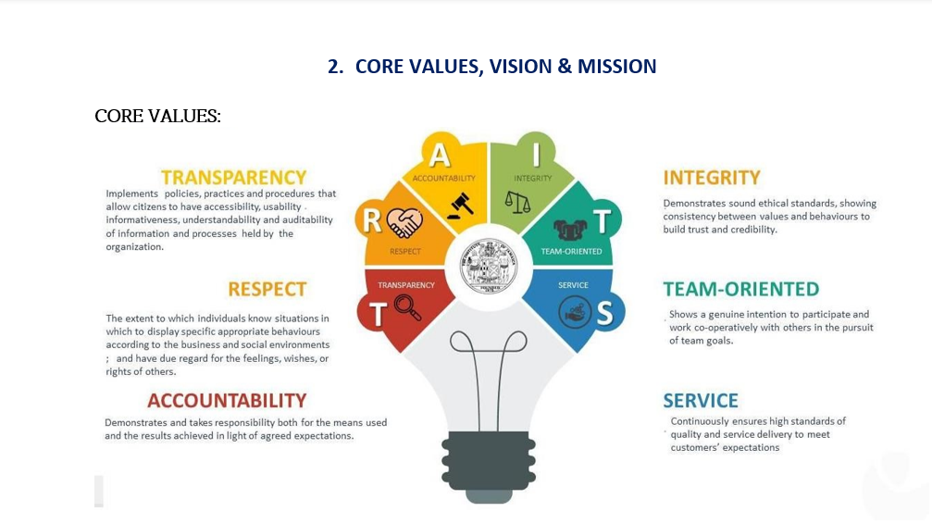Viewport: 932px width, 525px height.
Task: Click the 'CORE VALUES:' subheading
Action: tap(157, 116)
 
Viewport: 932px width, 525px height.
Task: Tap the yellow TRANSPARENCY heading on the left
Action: tap(233, 177)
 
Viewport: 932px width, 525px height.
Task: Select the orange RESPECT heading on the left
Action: tap(267, 289)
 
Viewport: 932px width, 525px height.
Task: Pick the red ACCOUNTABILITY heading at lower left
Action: tap(227, 401)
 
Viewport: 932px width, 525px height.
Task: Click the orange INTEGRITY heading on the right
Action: tap(712, 177)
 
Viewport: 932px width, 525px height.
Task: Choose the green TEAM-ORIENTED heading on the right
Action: tap(741, 289)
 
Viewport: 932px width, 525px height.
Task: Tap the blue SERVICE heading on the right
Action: tap(701, 401)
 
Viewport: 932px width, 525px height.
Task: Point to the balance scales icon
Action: tap(517, 202)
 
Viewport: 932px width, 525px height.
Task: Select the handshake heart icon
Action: tap(404, 223)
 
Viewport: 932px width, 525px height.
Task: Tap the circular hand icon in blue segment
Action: tap(575, 312)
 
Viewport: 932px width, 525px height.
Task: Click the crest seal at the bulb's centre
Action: tap(489, 265)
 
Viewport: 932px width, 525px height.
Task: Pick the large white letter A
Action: tap(440, 156)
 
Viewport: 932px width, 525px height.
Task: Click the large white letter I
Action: tap(536, 154)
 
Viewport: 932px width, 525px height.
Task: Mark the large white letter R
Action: tap(371, 220)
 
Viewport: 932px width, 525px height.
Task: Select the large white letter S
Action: tap(604, 313)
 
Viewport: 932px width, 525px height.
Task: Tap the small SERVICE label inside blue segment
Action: tap(573, 285)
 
